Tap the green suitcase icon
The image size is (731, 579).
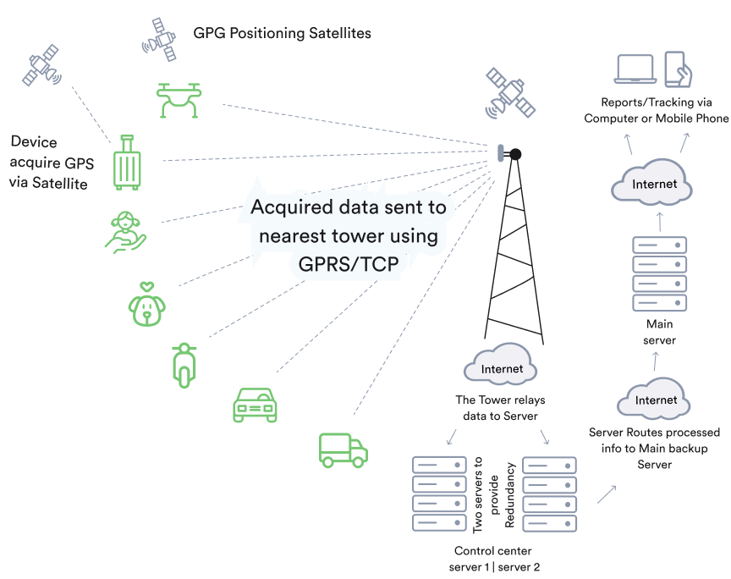tap(128, 162)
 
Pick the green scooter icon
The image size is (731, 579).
tap(183, 363)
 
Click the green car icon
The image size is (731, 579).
tap(255, 405)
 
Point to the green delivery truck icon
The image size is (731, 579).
tap(343, 449)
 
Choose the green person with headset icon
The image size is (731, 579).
tap(125, 231)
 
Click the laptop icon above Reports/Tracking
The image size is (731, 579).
tap(636, 69)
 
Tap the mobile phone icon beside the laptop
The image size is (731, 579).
tap(679, 69)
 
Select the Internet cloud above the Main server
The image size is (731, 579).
tap(655, 183)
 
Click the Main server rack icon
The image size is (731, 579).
tap(660, 274)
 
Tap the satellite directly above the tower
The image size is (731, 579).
tap(510, 94)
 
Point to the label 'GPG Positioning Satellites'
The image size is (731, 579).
tap(282, 34)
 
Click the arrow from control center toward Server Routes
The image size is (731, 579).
tap(606, 494)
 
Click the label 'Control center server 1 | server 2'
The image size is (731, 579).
tap(494, 559)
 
